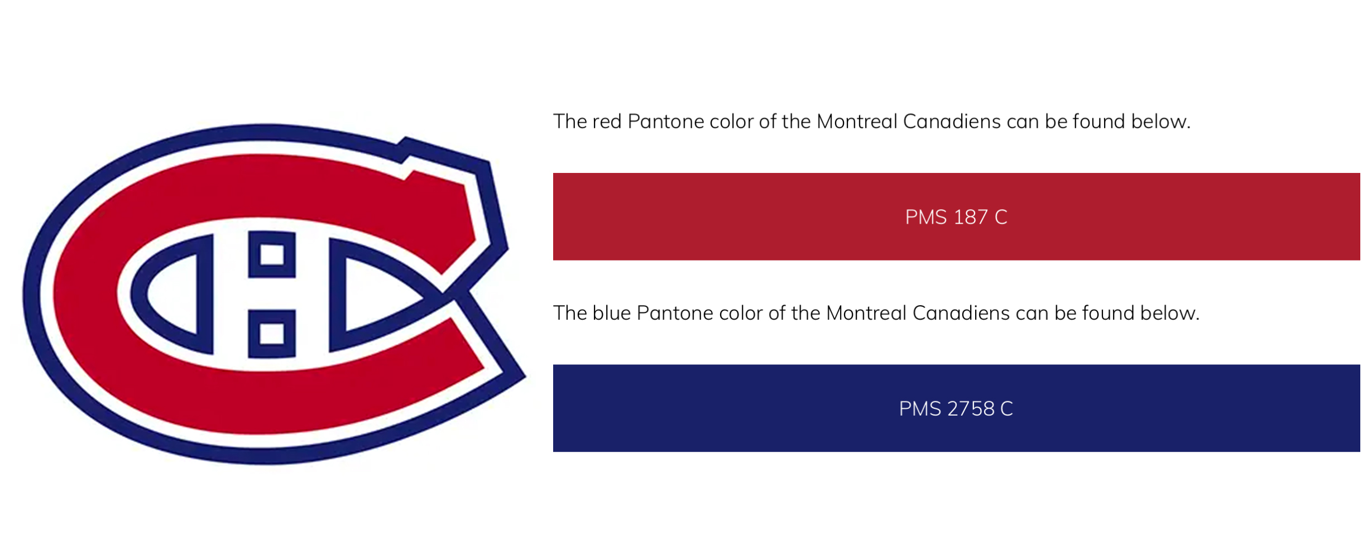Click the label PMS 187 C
[956, 217]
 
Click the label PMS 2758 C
[956, 409]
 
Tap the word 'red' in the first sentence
[607, 122]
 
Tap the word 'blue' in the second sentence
[611, 313]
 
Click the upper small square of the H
[272, 255]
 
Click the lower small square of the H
[272, 334]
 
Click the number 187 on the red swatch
[971, 217]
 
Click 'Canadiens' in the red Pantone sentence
[952, 122]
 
